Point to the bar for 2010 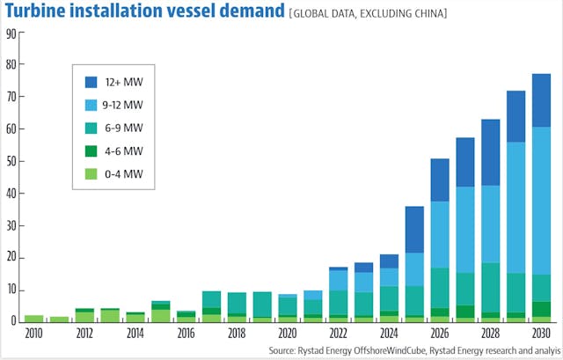click(x=33, y=318)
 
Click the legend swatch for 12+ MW click(x=91, y=82)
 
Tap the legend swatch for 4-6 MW click(x=91, y=151)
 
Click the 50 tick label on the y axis click(x=11, y=161)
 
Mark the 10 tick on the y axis click(x=11, y=290)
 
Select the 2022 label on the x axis click(x=339, y=334)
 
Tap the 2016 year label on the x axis click(x=186, y=334)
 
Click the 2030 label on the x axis click(x=541, y=334)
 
